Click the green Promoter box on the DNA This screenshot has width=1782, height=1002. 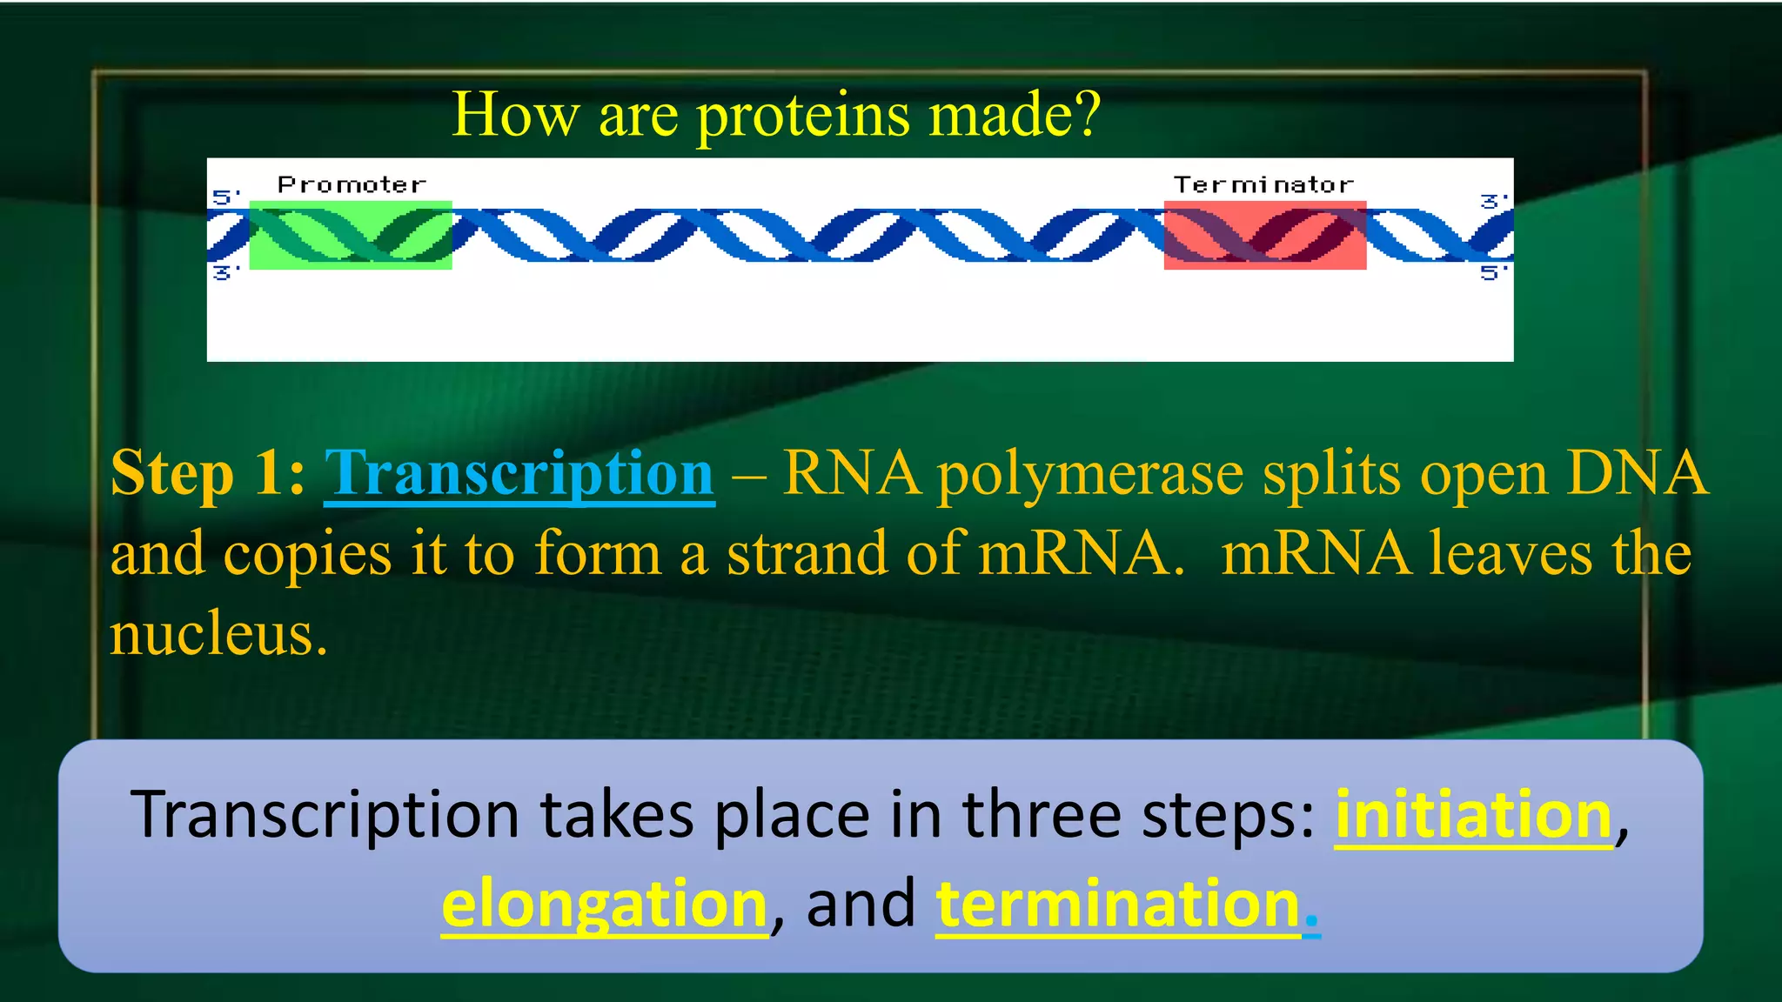pos(351,235)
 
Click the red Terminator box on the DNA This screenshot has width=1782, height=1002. pos(1264,235)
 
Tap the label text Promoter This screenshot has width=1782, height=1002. pos(352,184)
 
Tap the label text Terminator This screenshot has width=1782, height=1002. pos(1263,184)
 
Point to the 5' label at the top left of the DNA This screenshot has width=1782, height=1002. pos(225,197)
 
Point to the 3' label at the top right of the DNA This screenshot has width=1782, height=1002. pos(1493,201)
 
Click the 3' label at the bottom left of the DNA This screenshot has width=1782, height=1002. pos(225,273)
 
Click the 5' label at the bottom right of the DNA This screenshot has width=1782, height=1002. pos(1493,273)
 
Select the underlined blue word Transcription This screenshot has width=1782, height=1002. pos(519,474)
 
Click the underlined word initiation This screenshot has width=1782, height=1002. pos(1474,815)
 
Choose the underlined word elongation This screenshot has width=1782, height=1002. pos(604,905)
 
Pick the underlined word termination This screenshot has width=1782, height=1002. pos(1118,905)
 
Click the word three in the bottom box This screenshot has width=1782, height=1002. pos(1041,815)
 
